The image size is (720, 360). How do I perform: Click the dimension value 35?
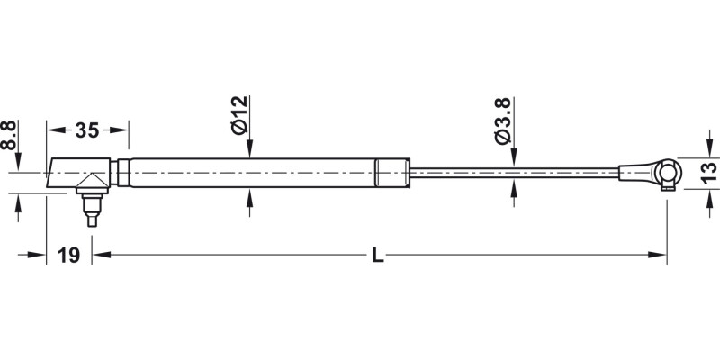click(86, 130)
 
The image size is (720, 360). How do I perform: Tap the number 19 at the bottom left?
click(67, 256)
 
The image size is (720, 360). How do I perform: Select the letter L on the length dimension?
click(378, 256)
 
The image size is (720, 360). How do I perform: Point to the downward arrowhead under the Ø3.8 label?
click(513, 158)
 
